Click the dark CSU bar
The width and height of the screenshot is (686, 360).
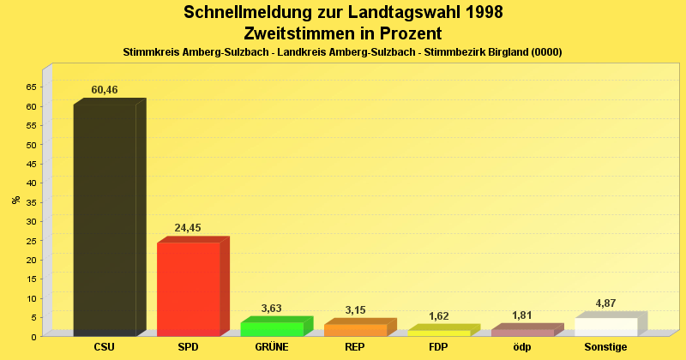click(105, 219)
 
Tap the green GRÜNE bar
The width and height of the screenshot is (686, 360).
click(272, 328)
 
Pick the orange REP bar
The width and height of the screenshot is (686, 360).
click(355, 329)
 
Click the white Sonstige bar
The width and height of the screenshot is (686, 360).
click(606, 327)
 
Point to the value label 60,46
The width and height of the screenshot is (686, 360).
click(105, 90)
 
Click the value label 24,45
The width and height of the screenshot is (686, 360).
click(188, 228)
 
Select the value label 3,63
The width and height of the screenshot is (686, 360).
click(272, 309)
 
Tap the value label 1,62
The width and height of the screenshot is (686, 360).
click(439, 316)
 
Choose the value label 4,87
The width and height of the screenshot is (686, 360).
click(606, 303)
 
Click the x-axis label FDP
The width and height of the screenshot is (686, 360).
click(439, 347)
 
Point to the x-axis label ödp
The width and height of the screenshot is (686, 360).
click(522, 347)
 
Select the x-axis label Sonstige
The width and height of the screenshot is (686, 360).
click(606, 347)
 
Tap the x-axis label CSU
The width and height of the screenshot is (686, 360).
click(105, 347)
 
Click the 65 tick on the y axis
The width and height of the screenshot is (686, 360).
click(31, 87)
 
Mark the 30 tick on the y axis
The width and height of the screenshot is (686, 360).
click(31, 221)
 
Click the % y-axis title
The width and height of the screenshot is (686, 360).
click(15, 201)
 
